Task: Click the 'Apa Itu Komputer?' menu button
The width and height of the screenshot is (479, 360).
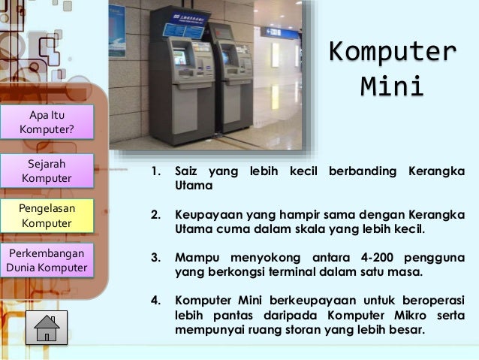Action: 47,122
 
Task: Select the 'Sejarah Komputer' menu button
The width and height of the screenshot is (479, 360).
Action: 47,171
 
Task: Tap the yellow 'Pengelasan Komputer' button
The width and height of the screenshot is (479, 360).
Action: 47,215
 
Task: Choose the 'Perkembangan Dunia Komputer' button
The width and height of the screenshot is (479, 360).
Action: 47,259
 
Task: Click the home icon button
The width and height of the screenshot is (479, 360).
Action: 47,328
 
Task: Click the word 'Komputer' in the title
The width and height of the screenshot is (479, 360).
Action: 393,53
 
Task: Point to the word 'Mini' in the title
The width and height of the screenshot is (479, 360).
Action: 392,86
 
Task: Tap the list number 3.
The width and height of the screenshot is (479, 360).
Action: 156,259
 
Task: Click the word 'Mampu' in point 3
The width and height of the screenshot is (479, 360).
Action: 195,259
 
